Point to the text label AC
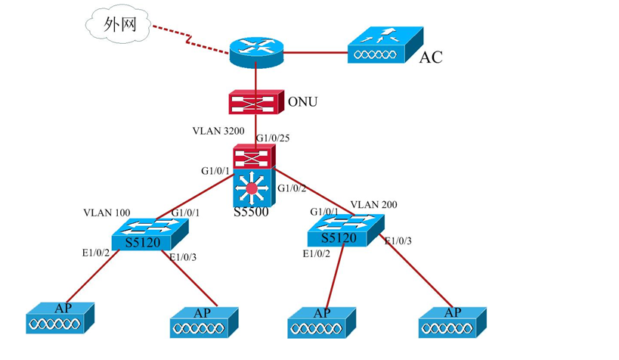coord(431,57)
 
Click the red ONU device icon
coord(255,101)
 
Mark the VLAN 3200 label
coord(218,131)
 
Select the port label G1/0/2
coord(293,188)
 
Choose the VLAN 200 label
coord(374,204)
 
